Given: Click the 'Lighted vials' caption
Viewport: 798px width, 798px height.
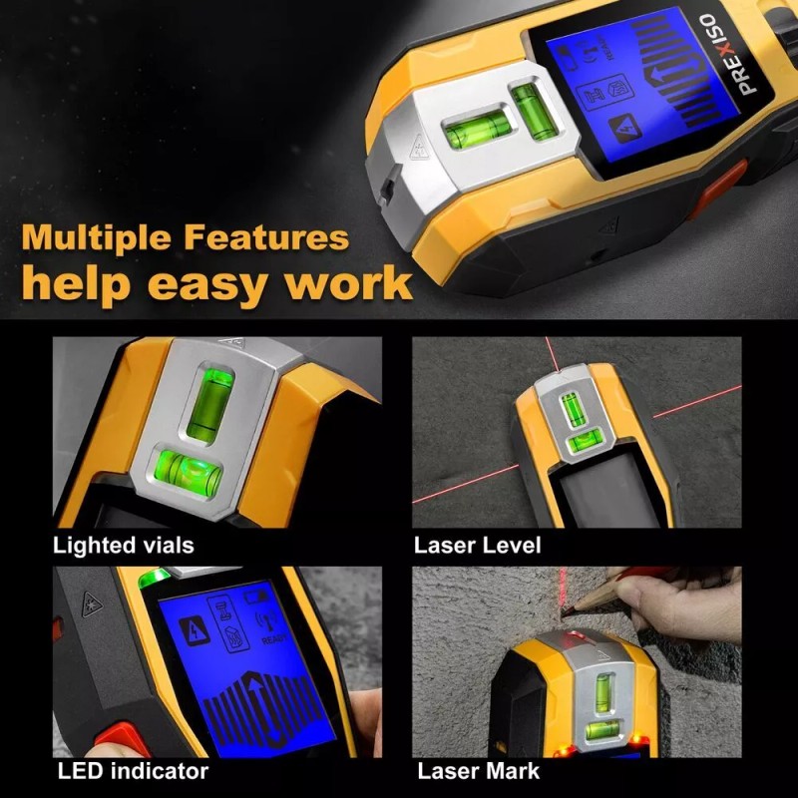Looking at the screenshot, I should [124, 545].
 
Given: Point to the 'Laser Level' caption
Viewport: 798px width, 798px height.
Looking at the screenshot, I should [478, 545].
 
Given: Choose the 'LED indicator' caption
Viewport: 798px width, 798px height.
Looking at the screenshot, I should [133, 771].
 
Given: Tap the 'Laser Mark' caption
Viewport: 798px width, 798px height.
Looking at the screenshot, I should [479, 771].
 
